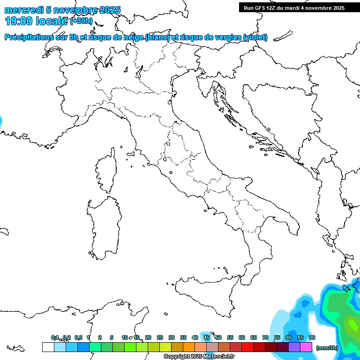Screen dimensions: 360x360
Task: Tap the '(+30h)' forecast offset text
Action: point(81,21)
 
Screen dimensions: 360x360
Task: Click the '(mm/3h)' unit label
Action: point(327,348)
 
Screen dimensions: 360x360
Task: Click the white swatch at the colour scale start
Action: point(48,347)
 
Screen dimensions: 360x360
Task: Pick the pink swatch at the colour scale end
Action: point(306,347)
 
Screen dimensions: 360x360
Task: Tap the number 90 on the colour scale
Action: point(312,337)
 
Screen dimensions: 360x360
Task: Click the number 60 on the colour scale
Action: point(242,337)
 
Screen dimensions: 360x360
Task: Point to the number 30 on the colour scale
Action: point(172,337)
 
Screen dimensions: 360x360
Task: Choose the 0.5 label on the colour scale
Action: point(78,337)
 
